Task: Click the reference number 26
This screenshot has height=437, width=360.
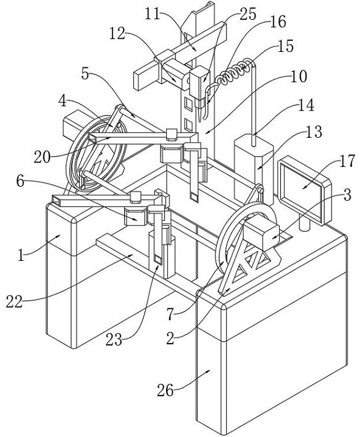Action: [165, 390]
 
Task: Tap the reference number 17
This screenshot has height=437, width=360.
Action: [346, 161]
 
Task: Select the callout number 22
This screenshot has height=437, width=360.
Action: [14, 301]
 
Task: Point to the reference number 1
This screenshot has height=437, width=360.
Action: [21, 255]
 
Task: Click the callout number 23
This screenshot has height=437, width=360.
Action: [114, 340]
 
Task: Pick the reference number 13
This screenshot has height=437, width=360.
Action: [314, 132]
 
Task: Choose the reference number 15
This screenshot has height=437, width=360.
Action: [285, 46]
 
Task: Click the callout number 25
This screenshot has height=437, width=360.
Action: [248, 14]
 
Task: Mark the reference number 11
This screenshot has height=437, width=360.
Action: [153, 14]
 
